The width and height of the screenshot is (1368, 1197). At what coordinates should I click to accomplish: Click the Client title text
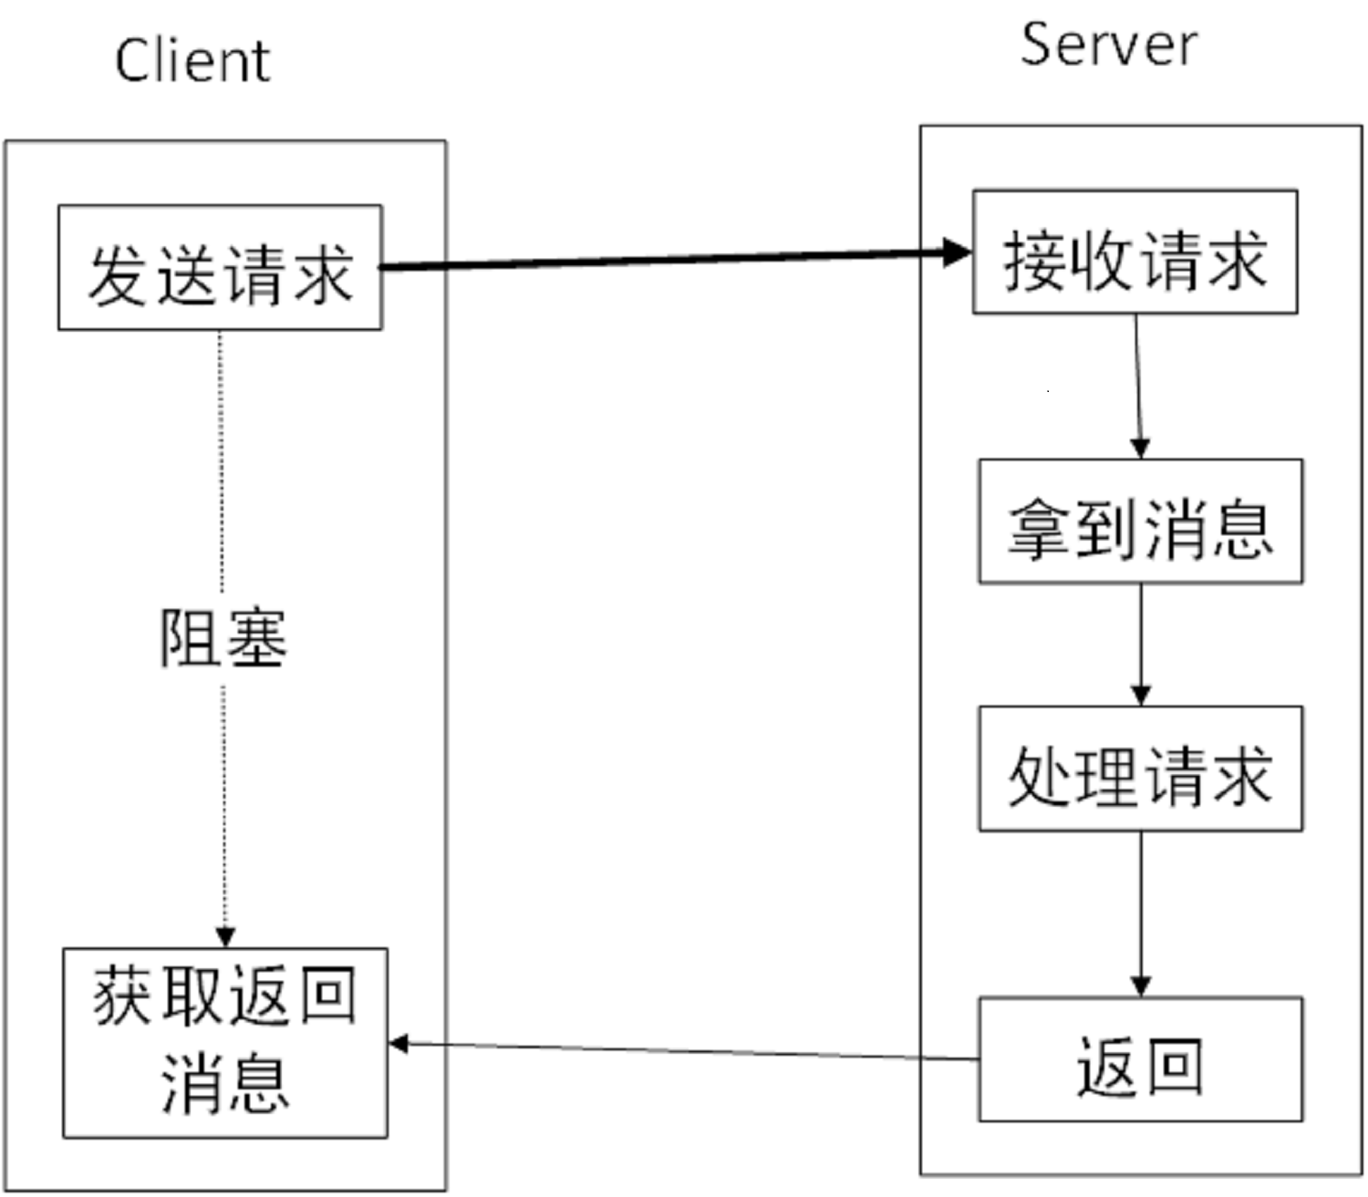[x=192, y=62]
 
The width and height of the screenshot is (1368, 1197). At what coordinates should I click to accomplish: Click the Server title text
[x=1108, y=46]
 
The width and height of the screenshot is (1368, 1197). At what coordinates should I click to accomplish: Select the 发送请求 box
[x=220, y=268]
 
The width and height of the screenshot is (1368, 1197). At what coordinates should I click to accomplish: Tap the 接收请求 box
[x=1135, y=253]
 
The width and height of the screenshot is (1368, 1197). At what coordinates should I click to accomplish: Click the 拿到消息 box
[x=1140, y=522]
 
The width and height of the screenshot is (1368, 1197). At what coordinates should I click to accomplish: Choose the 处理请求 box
[x=1140, y=769]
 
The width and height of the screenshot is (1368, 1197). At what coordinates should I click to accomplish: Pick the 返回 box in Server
[x=1140, y=1059]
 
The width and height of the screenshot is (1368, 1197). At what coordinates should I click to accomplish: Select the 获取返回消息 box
[x=225, y=1043]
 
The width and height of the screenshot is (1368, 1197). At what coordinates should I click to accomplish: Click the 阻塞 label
[x=223, y=638]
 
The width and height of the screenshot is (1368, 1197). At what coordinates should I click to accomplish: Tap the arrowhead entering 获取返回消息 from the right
[x=399, y=1044]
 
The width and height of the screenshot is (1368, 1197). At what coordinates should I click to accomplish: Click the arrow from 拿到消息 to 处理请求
[x=1140, y=638]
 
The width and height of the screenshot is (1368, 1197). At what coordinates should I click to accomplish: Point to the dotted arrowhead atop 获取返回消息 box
[x=225, y=937]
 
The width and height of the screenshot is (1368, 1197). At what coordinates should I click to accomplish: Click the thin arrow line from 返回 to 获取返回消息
[x=684, y=1051]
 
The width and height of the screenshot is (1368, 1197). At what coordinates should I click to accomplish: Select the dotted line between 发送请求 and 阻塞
[x=221, y=456]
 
